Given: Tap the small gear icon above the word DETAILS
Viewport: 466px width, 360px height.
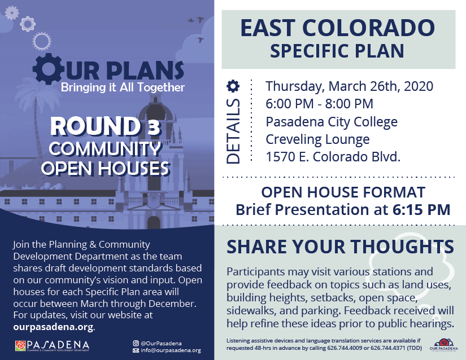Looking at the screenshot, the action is click(x=233, y=86).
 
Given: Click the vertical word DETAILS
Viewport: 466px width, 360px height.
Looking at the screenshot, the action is click(x=233, y=131).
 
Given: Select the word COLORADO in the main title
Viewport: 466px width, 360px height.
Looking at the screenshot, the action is click(x=368, y=28).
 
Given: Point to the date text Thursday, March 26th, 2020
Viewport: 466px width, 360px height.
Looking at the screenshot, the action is click(x=349, y=86).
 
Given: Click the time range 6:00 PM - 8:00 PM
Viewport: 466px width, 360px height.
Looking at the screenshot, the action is click(x=319, y=104).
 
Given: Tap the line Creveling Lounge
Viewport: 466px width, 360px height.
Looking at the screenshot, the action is click(x=317, y=139).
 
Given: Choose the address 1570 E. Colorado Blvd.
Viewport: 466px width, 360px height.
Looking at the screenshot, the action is click(x=333, y=157).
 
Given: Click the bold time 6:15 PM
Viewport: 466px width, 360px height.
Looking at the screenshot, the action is click(x=421, y=209).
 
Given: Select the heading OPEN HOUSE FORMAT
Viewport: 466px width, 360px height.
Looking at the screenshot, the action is click(x=343, y=192).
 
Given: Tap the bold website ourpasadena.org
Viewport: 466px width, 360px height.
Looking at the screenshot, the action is click(x=53, y=327).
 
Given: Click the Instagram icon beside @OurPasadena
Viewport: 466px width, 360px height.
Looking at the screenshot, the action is click(x=136, y=343).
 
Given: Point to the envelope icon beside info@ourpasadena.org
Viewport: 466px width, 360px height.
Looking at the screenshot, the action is click(x=136, y=350).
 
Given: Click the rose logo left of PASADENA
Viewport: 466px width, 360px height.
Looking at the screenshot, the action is click(x=20, y=346).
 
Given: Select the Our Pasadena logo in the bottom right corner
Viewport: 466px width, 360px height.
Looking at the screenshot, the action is click(x=444, y=345).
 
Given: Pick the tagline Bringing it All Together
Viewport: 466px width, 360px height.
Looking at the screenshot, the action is click(x=123, y=87).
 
